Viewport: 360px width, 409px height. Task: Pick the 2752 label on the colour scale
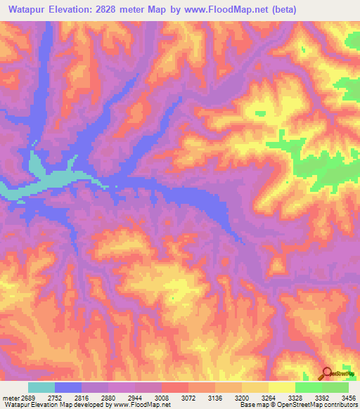[x=62, y=398]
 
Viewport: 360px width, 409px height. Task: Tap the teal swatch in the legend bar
[x=41, y=387]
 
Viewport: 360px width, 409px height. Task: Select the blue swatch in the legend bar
[x=68, y=387]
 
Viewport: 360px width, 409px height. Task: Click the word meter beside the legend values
[x=10, y=398]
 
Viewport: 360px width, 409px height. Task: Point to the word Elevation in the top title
[x=72, y=9]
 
